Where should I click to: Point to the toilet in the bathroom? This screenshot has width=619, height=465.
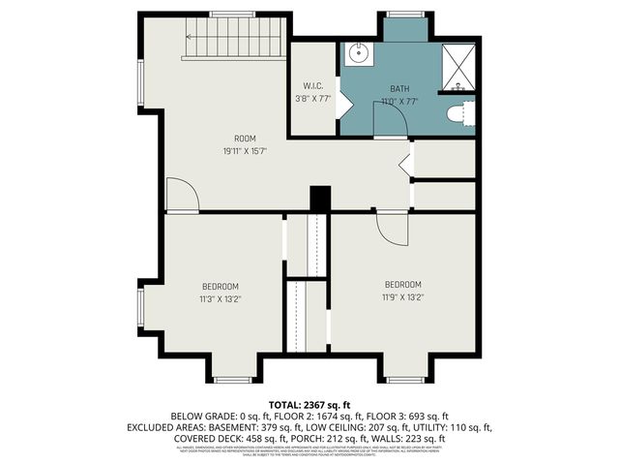point(461,114)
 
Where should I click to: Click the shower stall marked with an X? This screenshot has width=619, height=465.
point(457,65)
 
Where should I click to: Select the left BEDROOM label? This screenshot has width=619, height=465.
point(221,286)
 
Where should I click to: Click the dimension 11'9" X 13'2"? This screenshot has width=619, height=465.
point(402,296)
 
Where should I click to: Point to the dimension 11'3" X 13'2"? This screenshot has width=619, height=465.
point(221,298)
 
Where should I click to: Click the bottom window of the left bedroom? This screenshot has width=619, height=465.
point(232,379)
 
